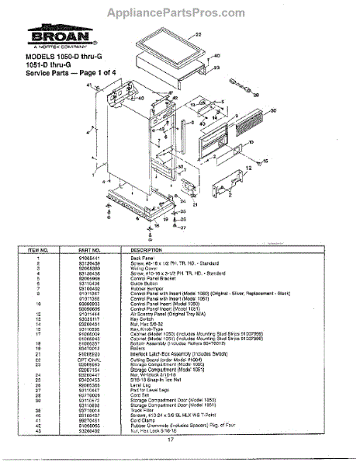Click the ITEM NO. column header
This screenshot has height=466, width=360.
[x=39, y=250]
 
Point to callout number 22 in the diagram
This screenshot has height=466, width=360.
[x=197, y=36]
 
